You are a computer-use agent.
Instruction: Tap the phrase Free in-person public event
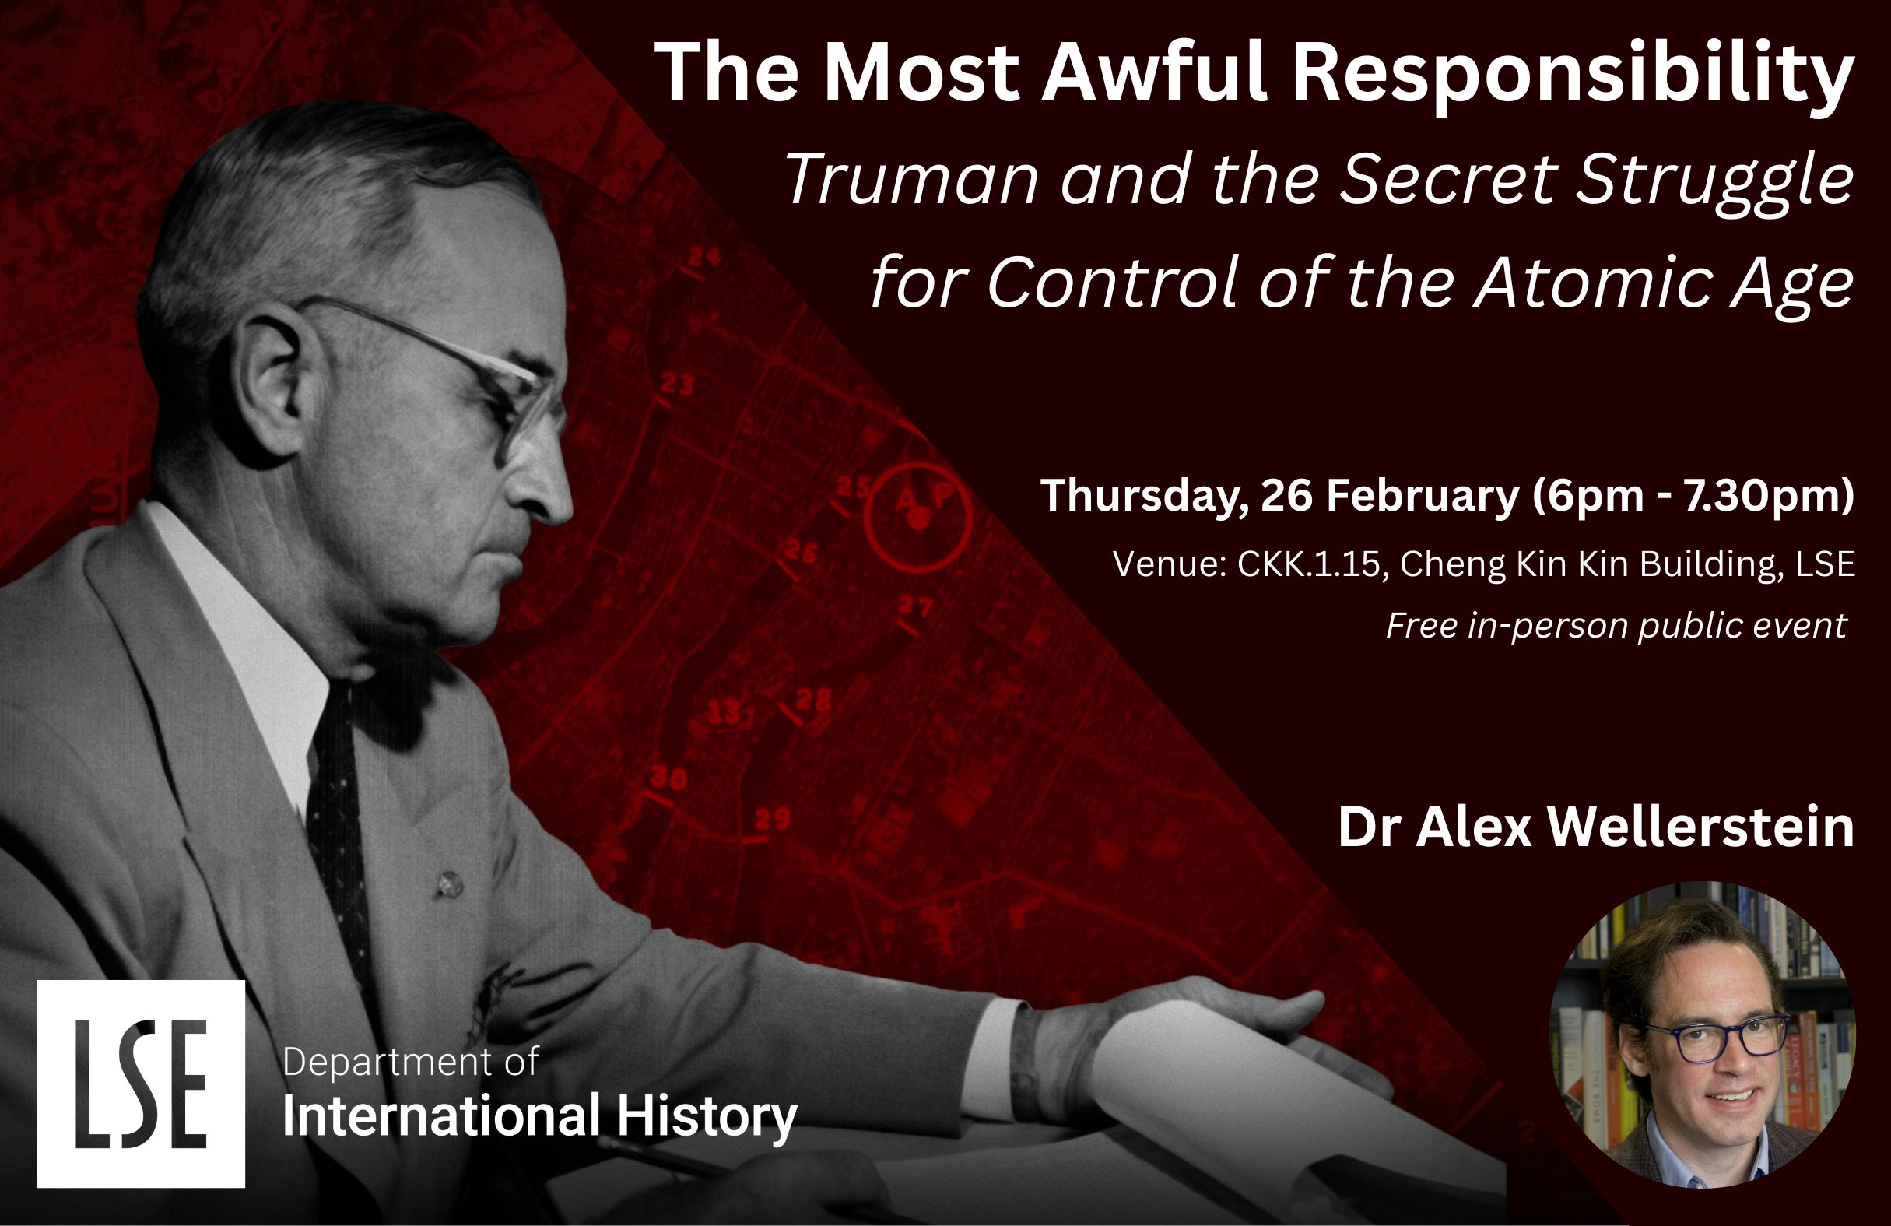coord(1616,626)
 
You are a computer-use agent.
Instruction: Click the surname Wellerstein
coord(1700,828)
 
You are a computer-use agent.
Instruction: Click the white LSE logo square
coord(141,1084)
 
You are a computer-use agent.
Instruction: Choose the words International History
coord(539,1116)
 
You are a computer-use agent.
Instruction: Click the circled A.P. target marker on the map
coord(918,519)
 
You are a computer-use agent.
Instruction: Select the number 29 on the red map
coord(772,818)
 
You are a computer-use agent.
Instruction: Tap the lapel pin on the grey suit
coord(450,883)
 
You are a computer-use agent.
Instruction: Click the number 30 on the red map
coord(669,778)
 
